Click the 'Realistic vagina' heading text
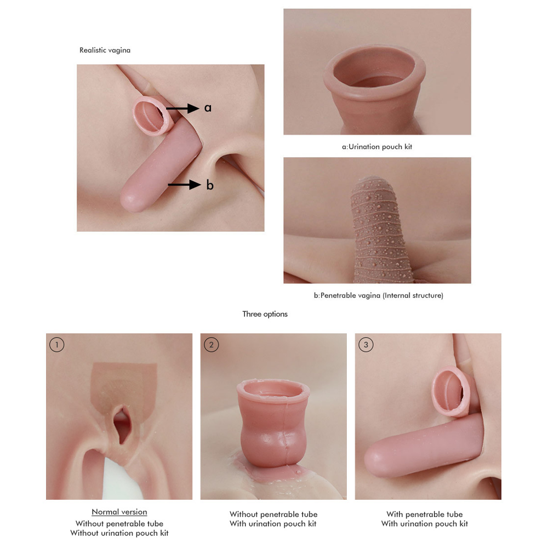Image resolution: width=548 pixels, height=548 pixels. (105, 50)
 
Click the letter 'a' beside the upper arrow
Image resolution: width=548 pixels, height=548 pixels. (208, 108)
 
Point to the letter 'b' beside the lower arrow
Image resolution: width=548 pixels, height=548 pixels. (210, 185)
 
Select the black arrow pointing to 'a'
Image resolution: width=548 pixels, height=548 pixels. (182, 109)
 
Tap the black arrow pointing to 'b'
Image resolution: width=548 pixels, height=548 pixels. (184, 185)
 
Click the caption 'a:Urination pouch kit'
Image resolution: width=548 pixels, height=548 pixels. (377, 147)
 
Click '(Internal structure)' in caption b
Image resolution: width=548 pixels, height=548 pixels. (413, 295)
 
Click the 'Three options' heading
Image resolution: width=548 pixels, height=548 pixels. (265, 314)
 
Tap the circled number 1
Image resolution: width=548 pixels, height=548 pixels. (57, 345)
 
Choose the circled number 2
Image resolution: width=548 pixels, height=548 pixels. (211, 345)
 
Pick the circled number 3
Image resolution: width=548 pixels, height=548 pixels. (366, 345)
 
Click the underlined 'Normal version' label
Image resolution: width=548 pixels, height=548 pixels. (119, 512)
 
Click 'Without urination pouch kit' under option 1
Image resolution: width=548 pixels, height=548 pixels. (119, 533)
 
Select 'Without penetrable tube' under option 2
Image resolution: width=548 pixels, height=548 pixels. (273, 515)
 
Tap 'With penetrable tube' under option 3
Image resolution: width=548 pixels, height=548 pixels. (424, 515)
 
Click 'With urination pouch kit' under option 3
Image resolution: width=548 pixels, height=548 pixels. (424, 524)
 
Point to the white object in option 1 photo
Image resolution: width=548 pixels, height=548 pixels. (121, 479)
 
